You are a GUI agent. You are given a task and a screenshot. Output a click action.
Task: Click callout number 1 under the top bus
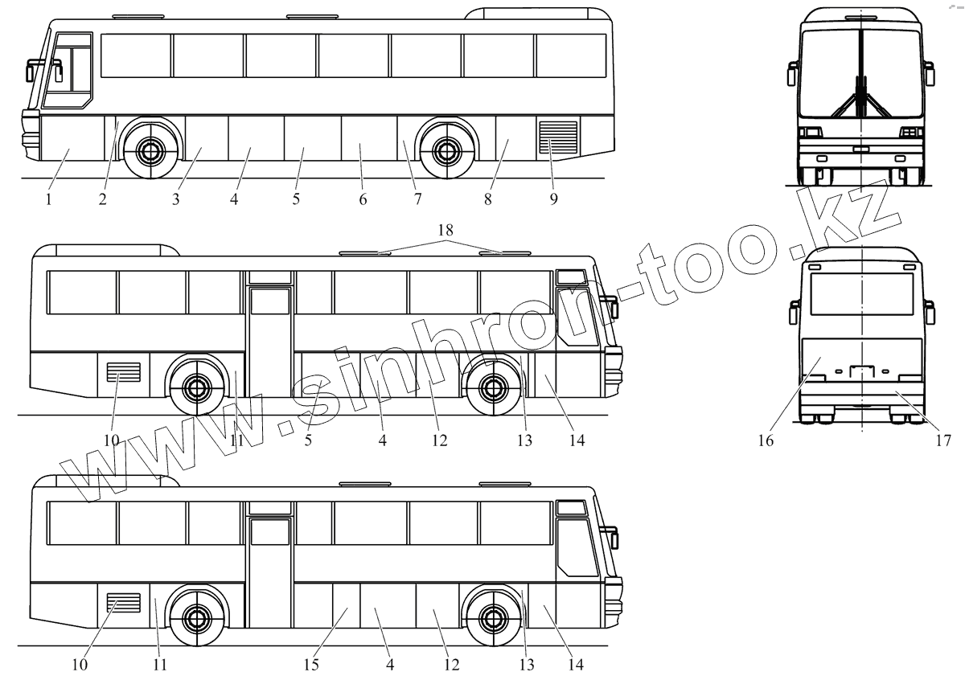point(49,199)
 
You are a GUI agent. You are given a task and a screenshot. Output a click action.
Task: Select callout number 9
point(553,199)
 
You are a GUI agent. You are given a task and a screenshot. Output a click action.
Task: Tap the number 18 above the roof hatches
point(446,230)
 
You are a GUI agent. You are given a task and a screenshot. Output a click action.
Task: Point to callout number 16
point(766,440)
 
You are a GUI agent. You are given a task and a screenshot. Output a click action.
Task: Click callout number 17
point(943,440)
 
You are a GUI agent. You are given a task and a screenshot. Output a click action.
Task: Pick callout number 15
point(311,665)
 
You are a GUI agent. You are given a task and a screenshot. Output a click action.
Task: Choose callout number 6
point(363,199)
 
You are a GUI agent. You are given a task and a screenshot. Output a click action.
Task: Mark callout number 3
point(175,199)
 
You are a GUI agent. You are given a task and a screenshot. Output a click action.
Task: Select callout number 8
point(487,199)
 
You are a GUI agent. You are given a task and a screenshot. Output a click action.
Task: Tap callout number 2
point(103,199)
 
